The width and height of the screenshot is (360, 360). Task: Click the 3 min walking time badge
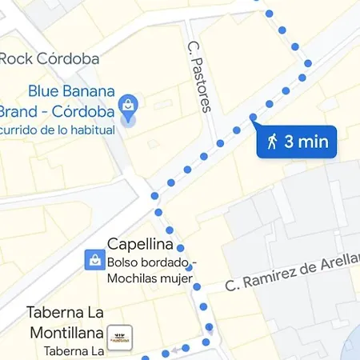tap(297, 142)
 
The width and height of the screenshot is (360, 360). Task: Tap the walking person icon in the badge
tap(273, 142)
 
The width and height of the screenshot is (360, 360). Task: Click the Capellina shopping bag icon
tap(94, 258)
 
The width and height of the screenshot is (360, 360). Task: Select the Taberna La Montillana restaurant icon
tap(120, 334)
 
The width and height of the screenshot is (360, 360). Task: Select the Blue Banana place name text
tap(72, 91)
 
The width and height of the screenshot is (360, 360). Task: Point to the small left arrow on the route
tap(166, 351)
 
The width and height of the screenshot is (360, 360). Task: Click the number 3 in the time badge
tap(290, 142)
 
